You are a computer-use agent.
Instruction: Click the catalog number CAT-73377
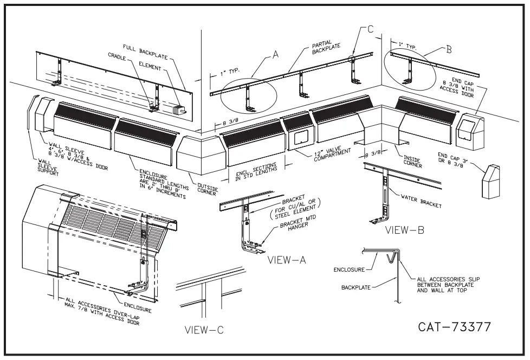454,327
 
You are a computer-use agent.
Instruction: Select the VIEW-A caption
287,260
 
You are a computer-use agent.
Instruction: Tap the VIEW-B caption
404,229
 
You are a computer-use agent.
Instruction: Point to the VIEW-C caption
203,330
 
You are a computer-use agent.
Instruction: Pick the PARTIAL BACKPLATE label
326,49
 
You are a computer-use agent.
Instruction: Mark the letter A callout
275,54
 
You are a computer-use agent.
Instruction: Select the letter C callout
370,29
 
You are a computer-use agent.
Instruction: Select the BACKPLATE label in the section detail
356,287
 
